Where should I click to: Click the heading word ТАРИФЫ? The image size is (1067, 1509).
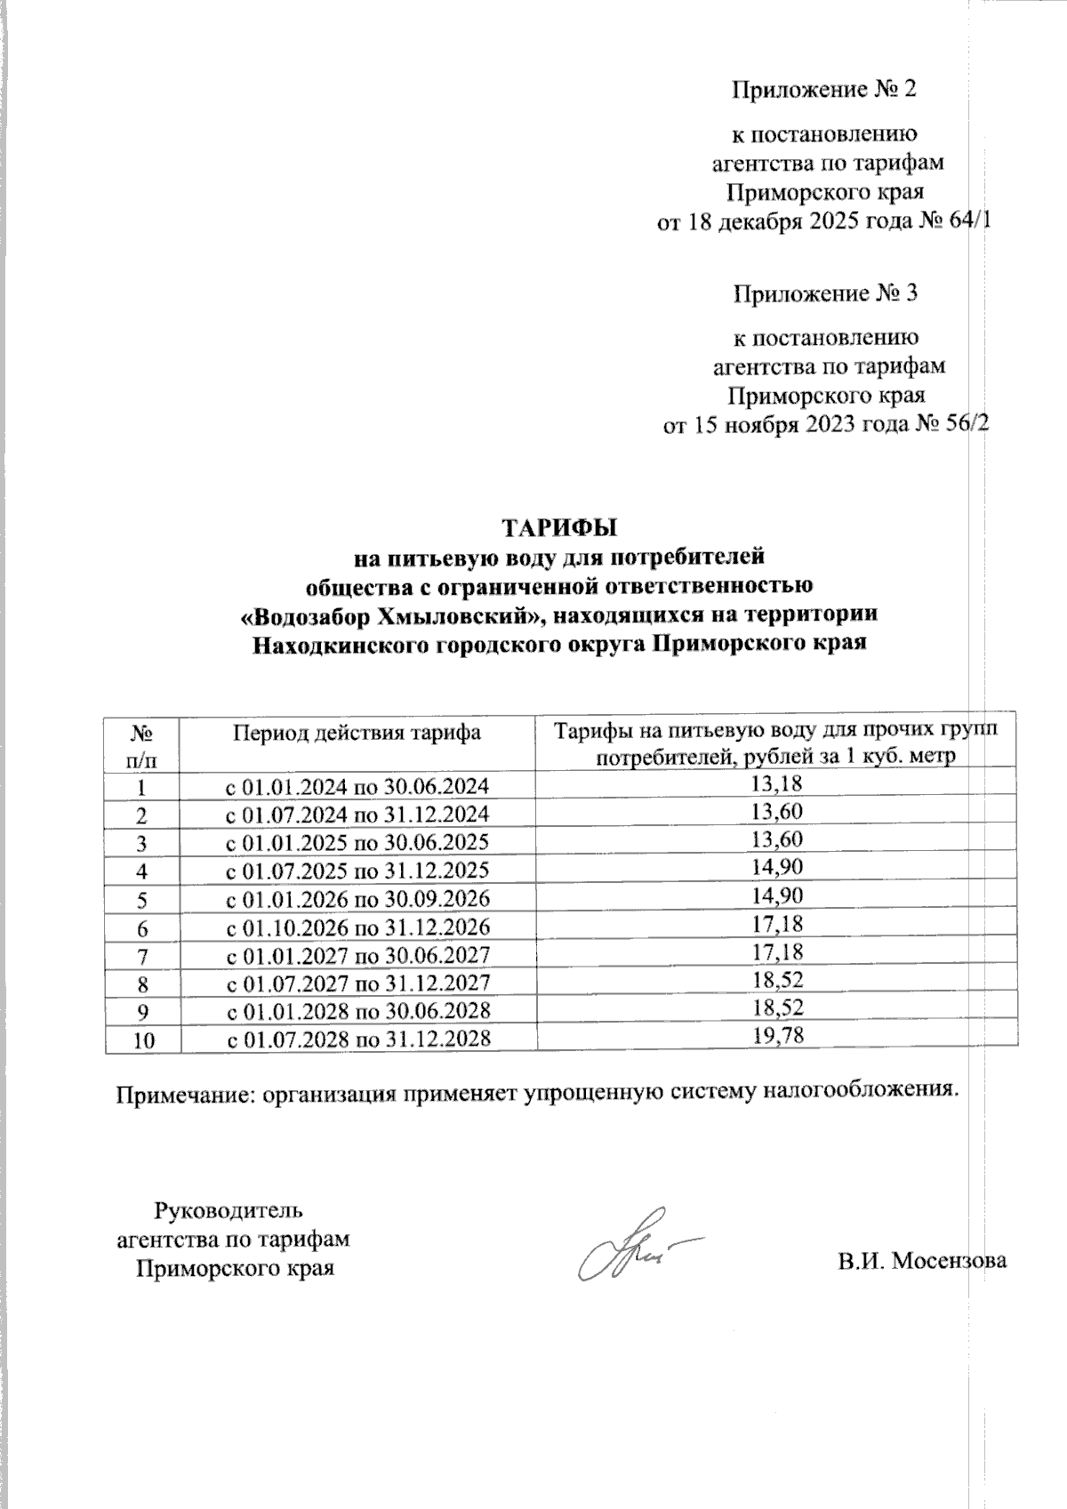560,527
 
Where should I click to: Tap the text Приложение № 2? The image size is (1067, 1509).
823,90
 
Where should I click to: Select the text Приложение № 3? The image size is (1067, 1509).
823,293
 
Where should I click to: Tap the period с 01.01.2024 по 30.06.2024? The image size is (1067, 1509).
357,785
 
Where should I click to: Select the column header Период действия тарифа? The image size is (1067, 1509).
357,733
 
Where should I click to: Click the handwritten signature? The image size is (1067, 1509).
631,1245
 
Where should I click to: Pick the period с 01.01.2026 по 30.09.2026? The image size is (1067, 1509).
357,899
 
